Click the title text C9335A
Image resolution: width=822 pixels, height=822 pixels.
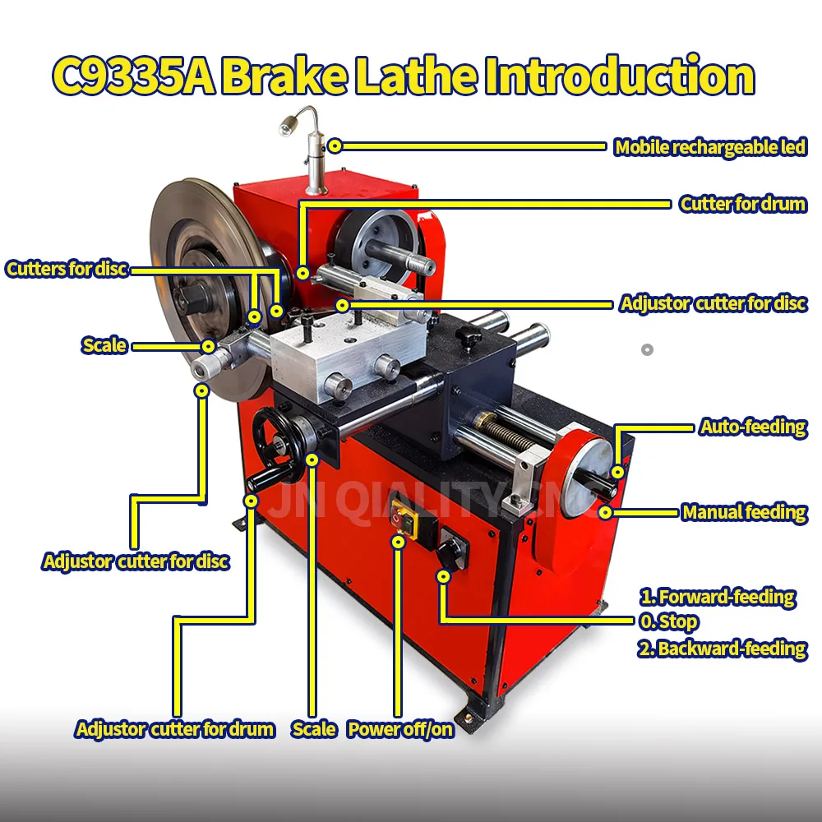point(132,76)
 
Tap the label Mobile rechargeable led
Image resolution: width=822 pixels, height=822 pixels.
point(710,147)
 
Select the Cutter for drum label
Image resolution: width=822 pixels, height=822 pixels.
point(742,204)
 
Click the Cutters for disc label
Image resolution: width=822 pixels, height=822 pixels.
point(67,269)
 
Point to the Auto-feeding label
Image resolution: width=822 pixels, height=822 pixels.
point(752,427)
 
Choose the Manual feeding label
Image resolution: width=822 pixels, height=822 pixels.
point(744,512)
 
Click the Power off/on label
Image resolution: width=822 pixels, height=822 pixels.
point(399,729)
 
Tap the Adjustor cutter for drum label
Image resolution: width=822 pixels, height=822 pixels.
point(174,729)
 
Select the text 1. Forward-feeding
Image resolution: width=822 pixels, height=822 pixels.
point(717,597)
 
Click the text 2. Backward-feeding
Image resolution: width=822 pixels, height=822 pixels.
point(722,649)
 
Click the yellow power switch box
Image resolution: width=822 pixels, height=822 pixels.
point(402,520)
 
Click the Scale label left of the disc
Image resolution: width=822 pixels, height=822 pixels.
point(104,345)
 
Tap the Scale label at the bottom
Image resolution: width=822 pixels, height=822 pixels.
point(313,729)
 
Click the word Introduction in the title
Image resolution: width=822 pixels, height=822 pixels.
point(618,76)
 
